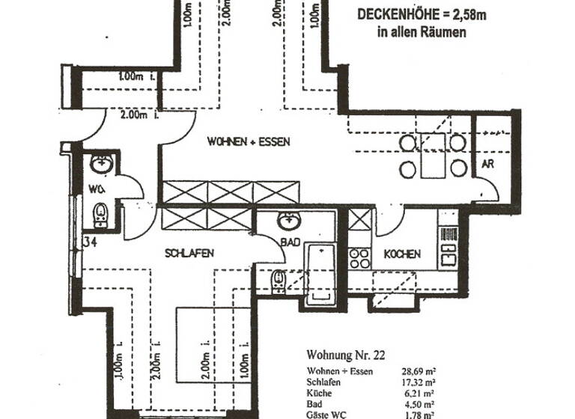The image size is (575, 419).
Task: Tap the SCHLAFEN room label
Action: (x=189, y=254)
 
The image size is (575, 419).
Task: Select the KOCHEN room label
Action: (x=402, y=254)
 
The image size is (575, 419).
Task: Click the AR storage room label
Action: (x=486, y=164)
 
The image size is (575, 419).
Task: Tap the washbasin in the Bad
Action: (x=288, y=221)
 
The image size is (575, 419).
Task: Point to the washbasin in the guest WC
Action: (x=100, y=163)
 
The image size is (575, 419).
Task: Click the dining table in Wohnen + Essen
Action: (x=433, y=155)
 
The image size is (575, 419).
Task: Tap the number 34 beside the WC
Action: (x=91, y=242)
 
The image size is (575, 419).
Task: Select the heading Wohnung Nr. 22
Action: (x=346, y=355)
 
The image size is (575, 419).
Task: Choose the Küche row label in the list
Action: (x=319, y=392)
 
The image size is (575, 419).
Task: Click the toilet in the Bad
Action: (x=278, y=279)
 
